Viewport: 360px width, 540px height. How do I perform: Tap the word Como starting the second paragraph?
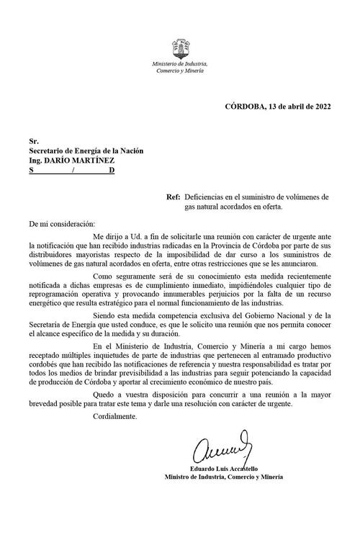[104, 276]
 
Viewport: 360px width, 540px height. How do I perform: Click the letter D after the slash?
[111, 172]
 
